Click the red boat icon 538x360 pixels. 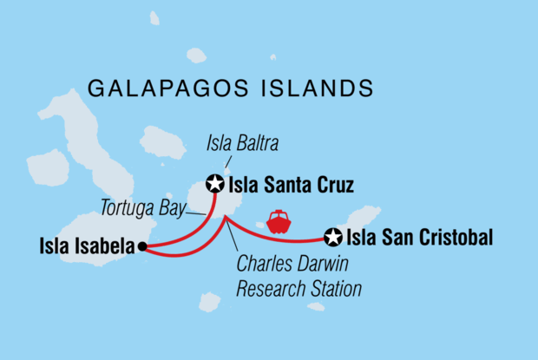279,222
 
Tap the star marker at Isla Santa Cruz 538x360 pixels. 214,183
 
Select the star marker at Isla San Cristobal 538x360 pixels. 332,236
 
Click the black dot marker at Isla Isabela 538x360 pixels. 142,247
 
